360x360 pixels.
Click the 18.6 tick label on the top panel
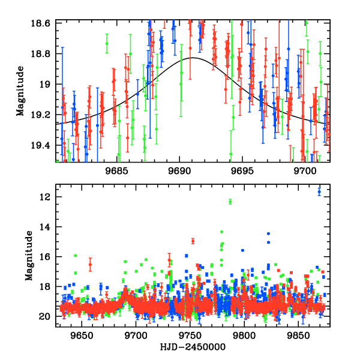point(44,22)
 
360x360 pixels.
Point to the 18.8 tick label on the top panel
point(44,53)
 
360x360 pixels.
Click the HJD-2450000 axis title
point(192,347)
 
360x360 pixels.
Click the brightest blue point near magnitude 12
point(319,191)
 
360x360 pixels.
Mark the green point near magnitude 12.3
point(230,202)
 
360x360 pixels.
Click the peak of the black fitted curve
point(193,58)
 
